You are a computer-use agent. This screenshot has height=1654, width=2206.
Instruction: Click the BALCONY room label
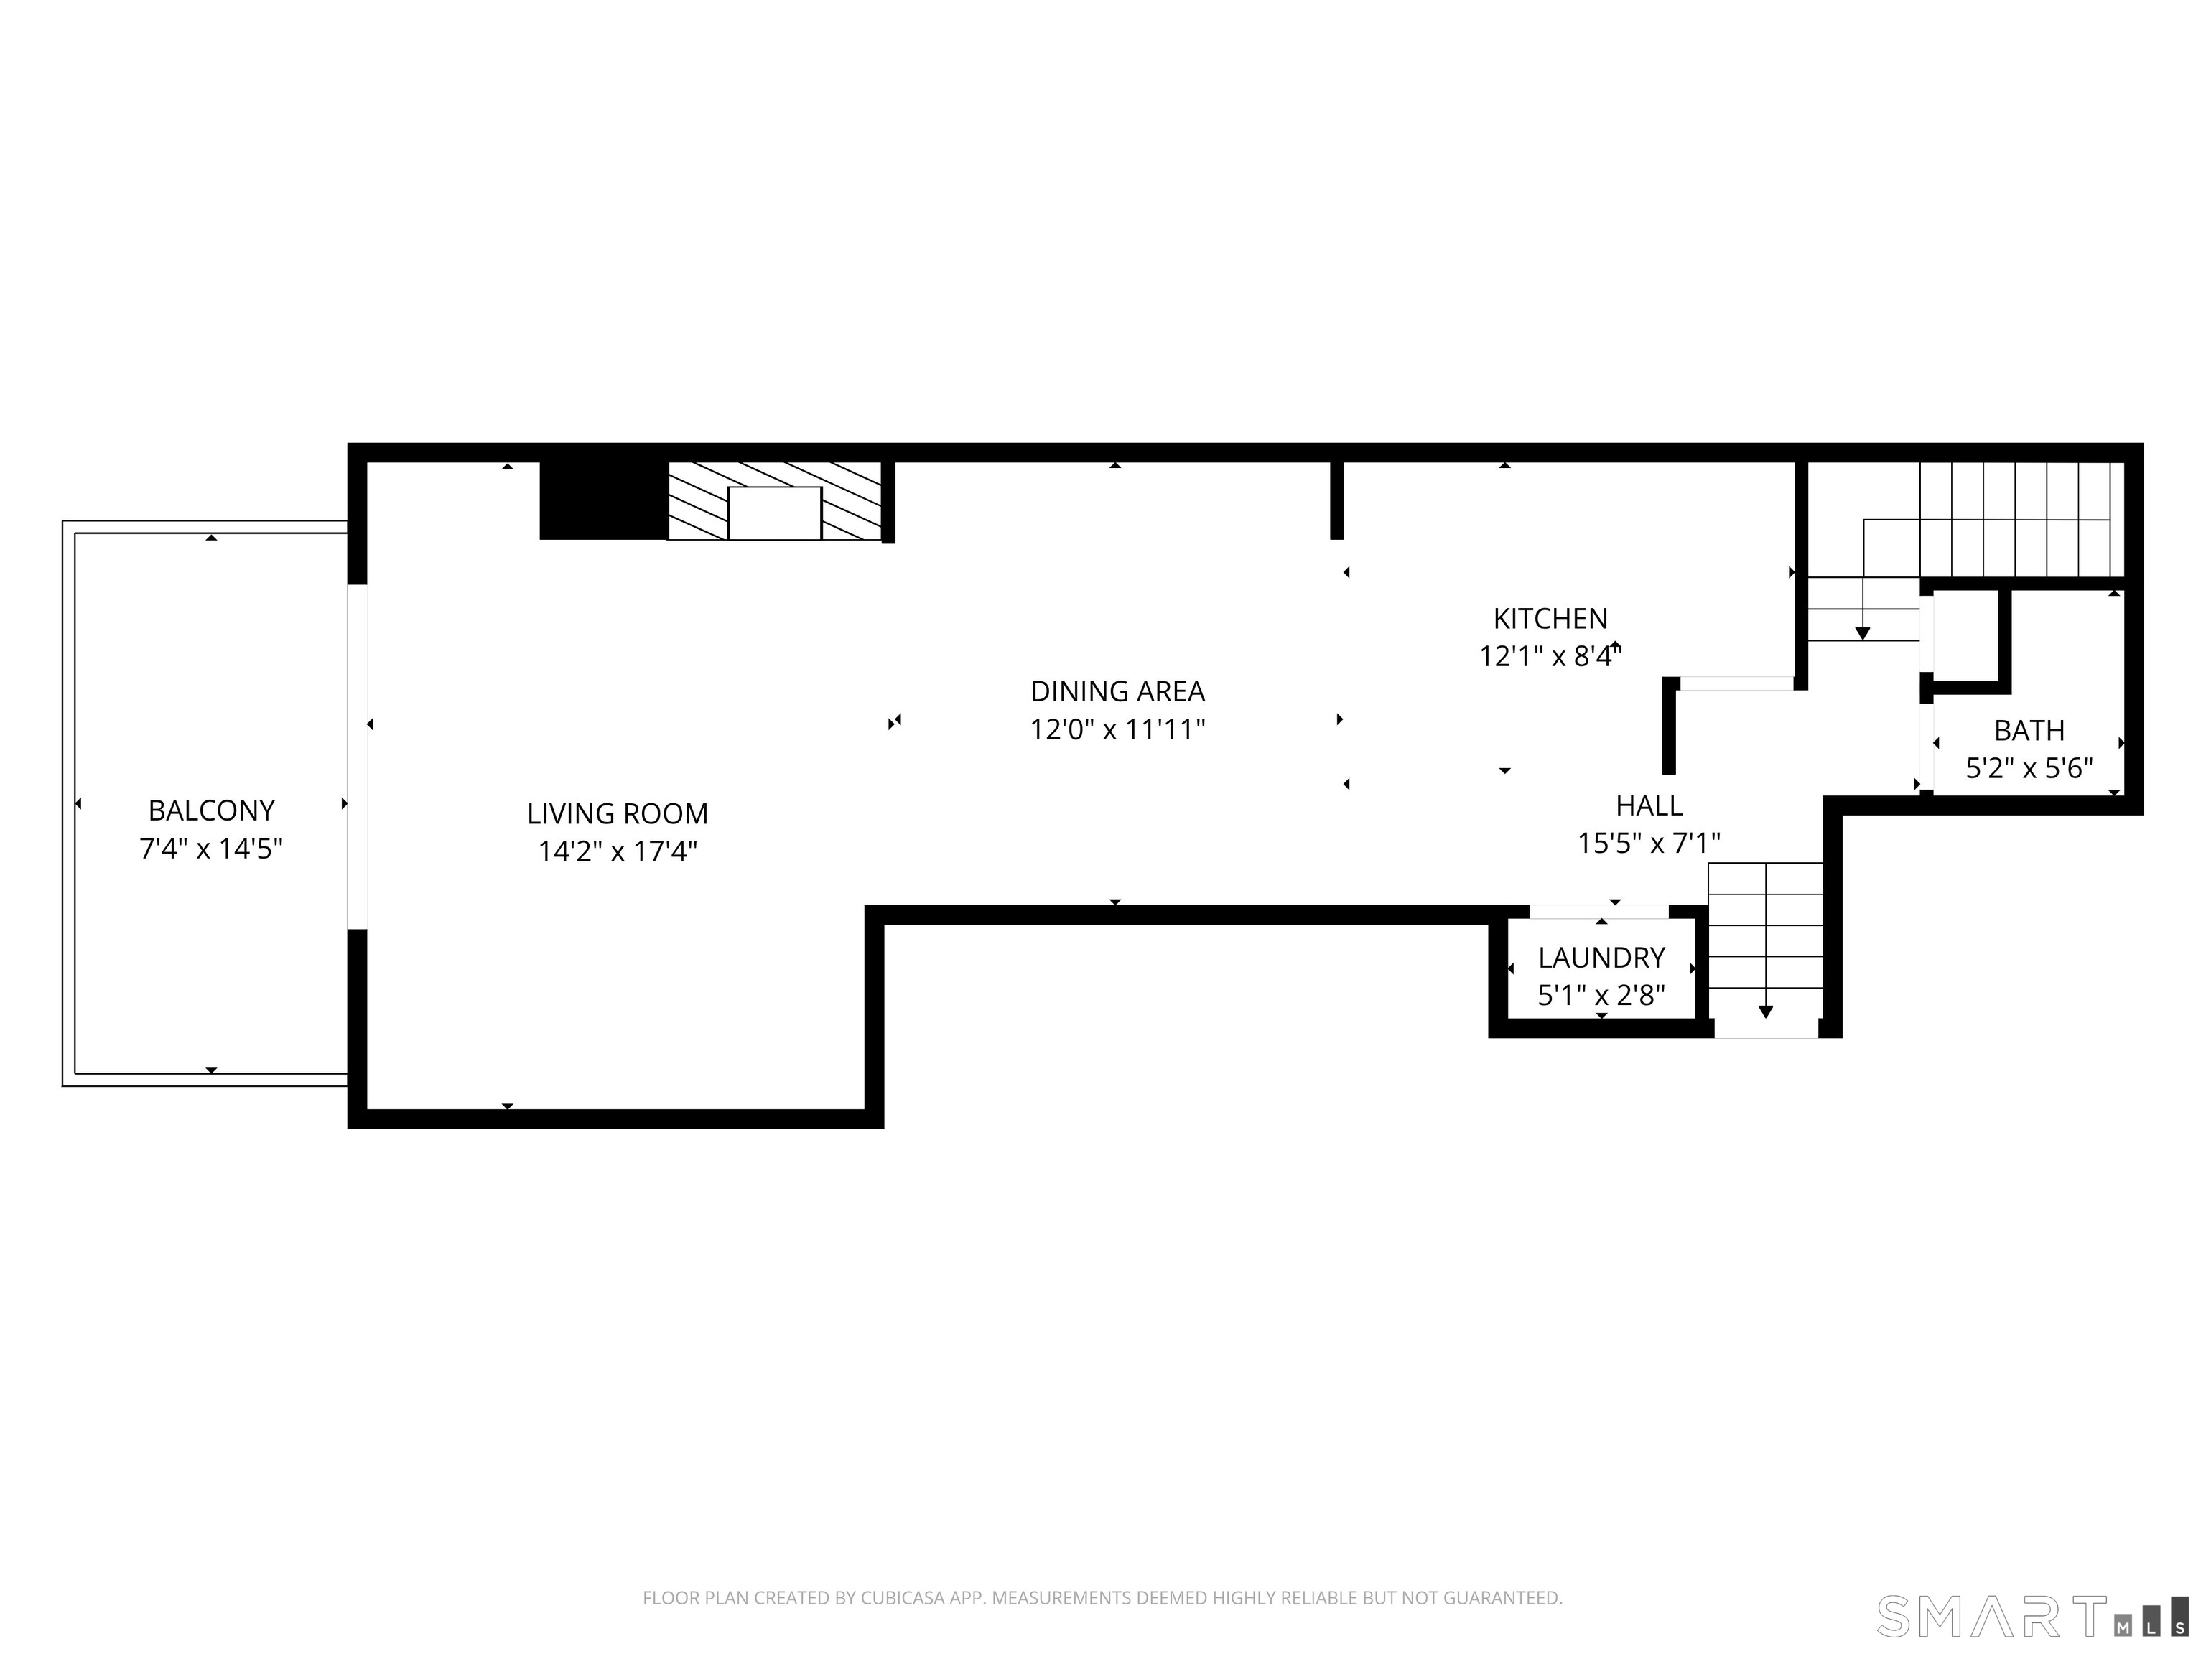point(210,810)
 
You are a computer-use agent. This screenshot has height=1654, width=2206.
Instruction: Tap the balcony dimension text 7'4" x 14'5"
point(210,849)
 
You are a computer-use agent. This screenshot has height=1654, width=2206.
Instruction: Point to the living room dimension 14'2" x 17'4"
point(618,851)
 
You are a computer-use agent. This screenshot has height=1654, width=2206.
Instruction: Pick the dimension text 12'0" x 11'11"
point(1117,730)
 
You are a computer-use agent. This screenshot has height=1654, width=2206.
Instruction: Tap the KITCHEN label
point(1550,619)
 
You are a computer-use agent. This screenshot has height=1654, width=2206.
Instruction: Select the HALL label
point(1649,805)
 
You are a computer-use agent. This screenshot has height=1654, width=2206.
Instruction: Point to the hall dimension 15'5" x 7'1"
point(1649,844)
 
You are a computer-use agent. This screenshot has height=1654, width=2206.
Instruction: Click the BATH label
point(2029,731)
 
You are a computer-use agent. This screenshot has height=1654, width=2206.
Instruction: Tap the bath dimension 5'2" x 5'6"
point(2029,769)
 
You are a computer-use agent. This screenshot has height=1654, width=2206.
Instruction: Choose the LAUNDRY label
point(1601,958)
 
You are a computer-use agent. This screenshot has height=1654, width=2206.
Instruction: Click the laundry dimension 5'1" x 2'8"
point(1601,996)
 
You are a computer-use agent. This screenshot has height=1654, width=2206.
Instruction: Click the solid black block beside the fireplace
point(602,500)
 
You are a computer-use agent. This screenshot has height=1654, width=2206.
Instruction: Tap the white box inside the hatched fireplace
point(774,513)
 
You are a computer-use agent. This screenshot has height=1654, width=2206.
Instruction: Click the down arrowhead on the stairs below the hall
point(1765,1012)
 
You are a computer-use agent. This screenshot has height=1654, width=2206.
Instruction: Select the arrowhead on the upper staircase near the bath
point(1862,634)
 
